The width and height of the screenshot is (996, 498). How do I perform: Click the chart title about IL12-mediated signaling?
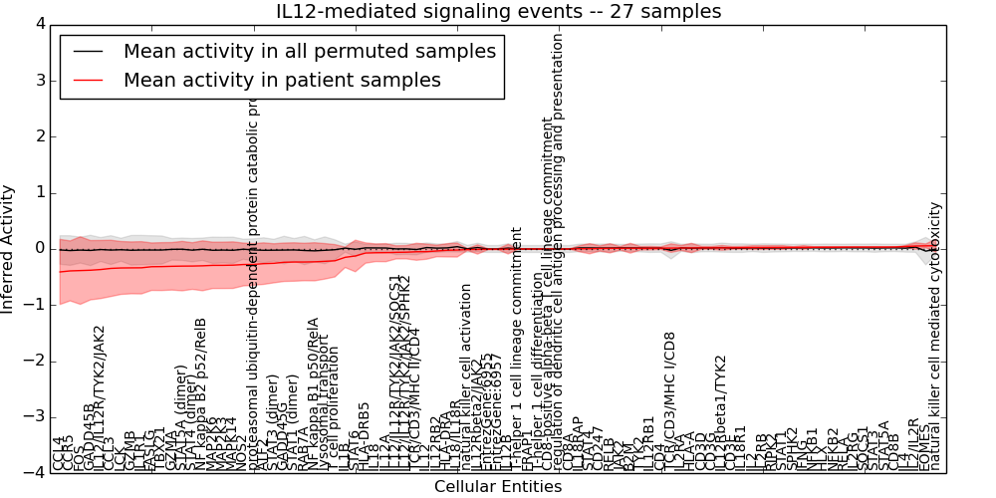point(498,11)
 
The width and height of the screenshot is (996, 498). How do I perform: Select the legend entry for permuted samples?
point(309,51)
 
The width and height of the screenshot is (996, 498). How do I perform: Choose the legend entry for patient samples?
point(282,80)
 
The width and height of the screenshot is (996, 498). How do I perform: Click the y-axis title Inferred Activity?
point(8,248)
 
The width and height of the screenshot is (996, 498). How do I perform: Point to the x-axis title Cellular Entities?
point(498,487)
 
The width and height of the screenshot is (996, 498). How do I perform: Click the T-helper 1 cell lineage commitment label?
point(516,349)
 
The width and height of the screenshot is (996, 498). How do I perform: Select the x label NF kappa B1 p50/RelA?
point(313,393)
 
